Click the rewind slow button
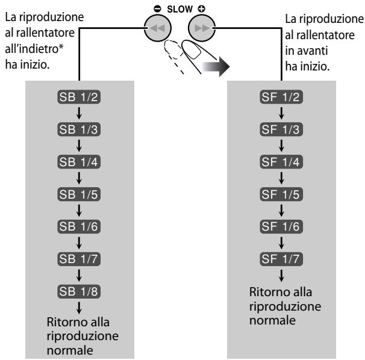click(x=158, y=28)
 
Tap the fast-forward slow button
click(x=202, y=28)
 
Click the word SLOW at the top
click(x=179, y=9)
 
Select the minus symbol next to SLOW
click(x=157, y=9)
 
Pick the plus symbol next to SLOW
click(x=201, y=9)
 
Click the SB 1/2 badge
click(x=79, y=97)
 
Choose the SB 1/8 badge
click(x=79, y=291)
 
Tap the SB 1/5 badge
click(x=79, y=194)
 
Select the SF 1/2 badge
click(x=281, y=97)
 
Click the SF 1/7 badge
click(x=281, y=259)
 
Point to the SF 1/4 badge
click(x=281, y=162)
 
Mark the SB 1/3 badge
click(x=79, y=129)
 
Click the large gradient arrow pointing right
click(x=216, y=67)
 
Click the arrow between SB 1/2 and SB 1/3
click(x=79, y=113)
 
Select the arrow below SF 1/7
click(x=281, y=276)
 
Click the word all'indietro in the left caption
click(x=34, y=49)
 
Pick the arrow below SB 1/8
click(x=79, y=308)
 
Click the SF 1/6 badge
click(x=281, y=226)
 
